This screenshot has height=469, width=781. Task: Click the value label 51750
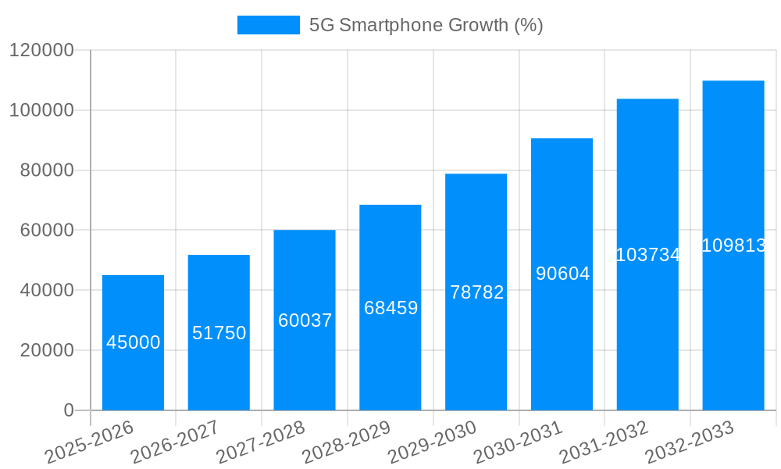coord(219,333)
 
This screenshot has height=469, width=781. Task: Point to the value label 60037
coord(305,320)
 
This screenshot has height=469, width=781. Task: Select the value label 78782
coord(476,292)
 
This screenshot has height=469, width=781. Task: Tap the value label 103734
coord(647,255)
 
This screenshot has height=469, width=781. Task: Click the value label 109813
coord(733,245)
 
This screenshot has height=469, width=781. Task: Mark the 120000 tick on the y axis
coord(41,51)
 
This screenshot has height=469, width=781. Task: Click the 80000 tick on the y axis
coord(46,170)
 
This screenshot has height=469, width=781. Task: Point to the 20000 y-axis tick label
coord(46,350)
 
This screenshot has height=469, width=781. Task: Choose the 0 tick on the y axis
coord(69,410)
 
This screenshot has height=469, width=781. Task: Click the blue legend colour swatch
coord(268,25)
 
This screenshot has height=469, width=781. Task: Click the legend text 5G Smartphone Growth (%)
coord(426,25)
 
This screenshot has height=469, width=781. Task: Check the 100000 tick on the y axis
coord(41,110)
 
